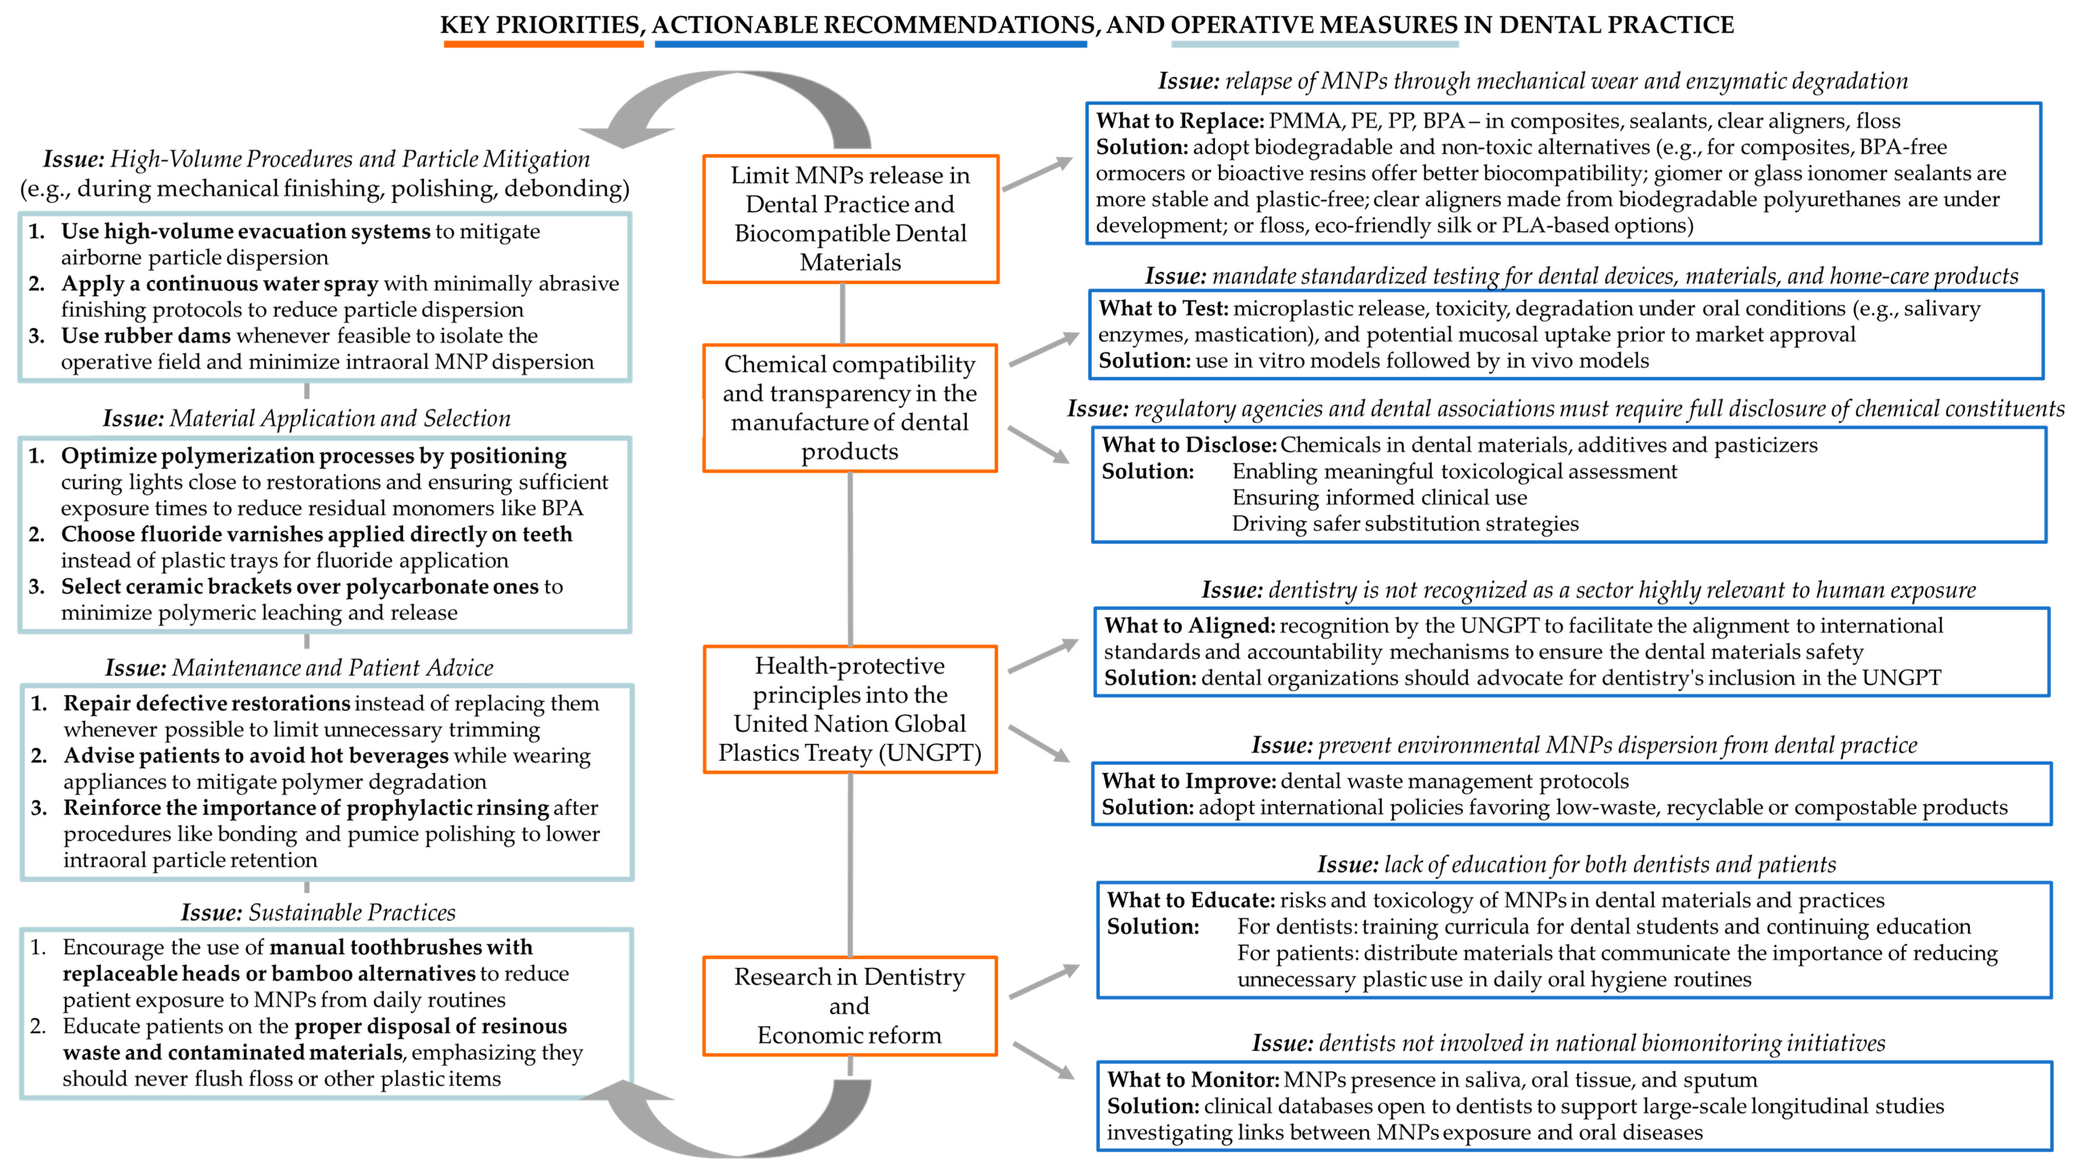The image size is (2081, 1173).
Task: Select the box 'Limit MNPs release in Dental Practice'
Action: click(851, 219)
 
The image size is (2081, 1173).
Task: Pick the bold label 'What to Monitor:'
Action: click(1192, 1080)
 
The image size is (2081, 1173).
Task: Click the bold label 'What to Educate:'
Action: click(1191, 901)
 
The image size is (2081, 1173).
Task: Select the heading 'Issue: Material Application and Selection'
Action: click(307, 418)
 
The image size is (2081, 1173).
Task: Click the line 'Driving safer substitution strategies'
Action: click(1405, 523)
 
